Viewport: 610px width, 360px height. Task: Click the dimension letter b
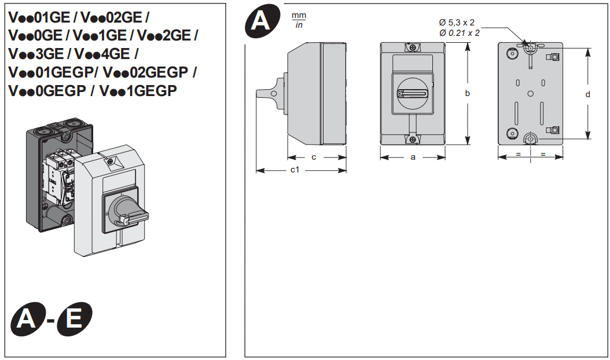click(x=467, y=93)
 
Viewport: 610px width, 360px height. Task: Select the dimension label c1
click(x=295, y=170)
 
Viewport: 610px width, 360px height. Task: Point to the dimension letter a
click(x=413, y=157)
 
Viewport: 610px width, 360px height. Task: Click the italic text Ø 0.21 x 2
click(x=460, y=33)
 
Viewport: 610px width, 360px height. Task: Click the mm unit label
click(x=299, y=16)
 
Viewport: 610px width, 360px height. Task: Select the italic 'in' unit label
click(x=299, y=25)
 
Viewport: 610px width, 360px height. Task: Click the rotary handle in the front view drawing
click(x=412, y=93)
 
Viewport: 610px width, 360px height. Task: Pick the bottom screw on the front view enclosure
click(x=412, y=138)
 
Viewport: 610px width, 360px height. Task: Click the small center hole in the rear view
click(x=531, y=93)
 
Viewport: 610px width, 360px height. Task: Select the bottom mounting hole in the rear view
click(x=530, y=138)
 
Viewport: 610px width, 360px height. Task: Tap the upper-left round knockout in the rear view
click(x=511, y=54)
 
